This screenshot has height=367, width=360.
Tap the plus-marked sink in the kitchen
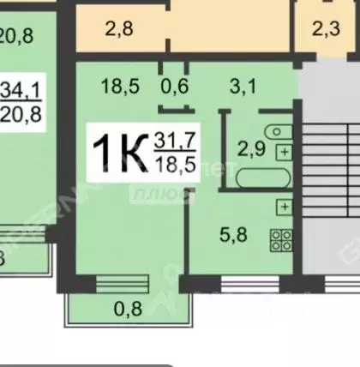pos(282,208)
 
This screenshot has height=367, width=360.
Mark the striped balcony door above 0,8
pos(120,282)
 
